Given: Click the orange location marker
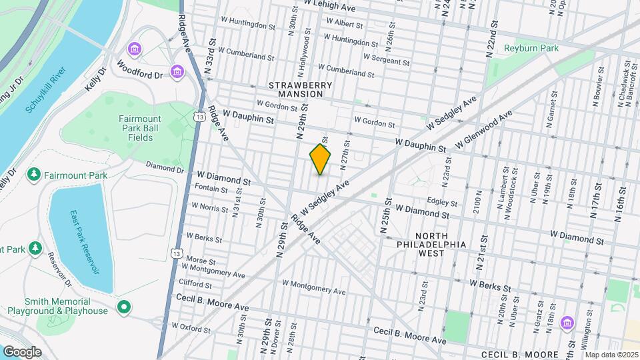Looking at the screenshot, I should (x=321, y=159).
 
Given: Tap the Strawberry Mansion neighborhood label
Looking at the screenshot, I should (x=296, y=89).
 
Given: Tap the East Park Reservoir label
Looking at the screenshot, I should (x=83, y=243).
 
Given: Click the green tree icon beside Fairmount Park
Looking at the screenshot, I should (x=33, y=175).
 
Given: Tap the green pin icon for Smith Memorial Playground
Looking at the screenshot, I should (x=123, y=307).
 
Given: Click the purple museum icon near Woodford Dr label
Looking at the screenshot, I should (x=177, y=71).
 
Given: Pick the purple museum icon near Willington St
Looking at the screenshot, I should (x=567, y=323).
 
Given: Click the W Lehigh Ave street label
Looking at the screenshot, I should (x=329, y=3).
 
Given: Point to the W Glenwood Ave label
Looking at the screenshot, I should (x=483, y=131).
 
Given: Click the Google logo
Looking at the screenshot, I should (x=21, y=351).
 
